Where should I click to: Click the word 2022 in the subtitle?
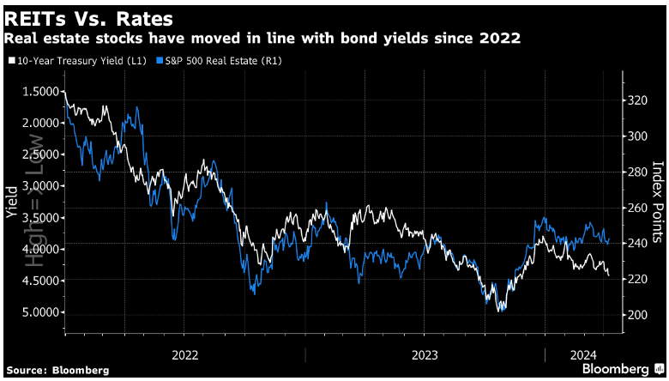pos(503,39)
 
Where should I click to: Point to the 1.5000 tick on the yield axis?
pos(39,92)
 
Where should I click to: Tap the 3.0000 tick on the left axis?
pos(39,186)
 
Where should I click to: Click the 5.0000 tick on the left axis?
pos(39,312)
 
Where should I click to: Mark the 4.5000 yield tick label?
pos(39,281)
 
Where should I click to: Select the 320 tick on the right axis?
pos(636,100)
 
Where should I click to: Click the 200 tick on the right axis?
pos(636,315)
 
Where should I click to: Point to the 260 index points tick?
pos(636,208)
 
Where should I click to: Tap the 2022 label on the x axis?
pos(185,354)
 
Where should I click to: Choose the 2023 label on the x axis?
pos(425,354)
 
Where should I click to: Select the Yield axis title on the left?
pos(11,203)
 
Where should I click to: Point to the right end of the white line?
pos(609,275)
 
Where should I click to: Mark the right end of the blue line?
pos(609,240)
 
